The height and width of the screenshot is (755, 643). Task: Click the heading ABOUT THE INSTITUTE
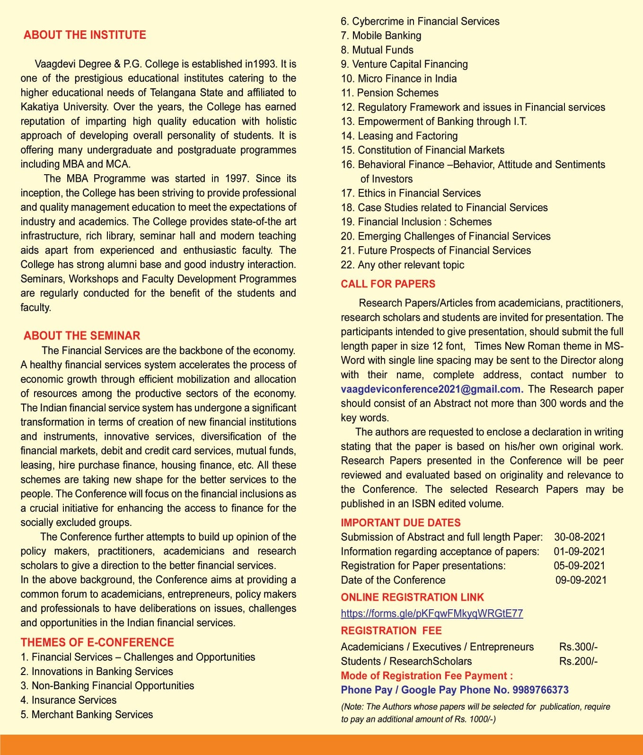[x=85, y=35]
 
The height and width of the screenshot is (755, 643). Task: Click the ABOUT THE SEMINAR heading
[x=82, y=336]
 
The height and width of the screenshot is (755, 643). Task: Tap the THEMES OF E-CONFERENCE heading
[x=97, y=642]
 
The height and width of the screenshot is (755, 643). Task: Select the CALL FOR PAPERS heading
[x=388, y=284]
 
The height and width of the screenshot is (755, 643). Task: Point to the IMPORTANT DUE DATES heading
[x=400, y=523]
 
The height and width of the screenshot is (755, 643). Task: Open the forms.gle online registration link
[x=432, y=613]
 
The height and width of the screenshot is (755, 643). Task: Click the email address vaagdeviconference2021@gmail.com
[x=432, y=389]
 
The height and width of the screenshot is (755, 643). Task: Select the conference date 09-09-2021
[x=581, y=580]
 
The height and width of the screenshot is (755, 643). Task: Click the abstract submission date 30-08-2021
[x=580, y=537]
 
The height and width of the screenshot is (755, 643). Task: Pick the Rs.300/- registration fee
[x=578, y=647]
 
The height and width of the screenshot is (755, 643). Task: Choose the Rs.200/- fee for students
[x=578, y=661]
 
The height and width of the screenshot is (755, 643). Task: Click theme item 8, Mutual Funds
[x=377, y=50]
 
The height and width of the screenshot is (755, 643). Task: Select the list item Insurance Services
[x=69, y=700]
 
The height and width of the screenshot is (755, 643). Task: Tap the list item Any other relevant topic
[x=403, y=265]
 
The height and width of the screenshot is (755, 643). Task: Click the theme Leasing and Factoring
[x=399, y=136]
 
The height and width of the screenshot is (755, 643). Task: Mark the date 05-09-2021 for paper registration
[x=579, y=566]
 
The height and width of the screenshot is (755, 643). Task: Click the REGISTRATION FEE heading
[x=391, y=631]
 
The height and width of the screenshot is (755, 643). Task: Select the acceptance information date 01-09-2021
[x=579, y=551]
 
